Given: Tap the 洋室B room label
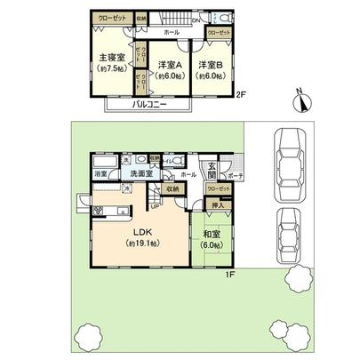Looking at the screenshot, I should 212,65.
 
